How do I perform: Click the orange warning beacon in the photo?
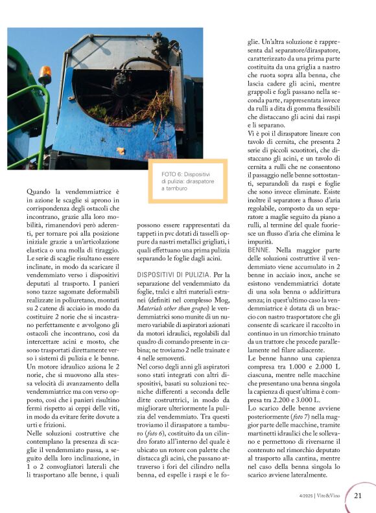(x=44, y=74)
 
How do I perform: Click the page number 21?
(x=358, y=496)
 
